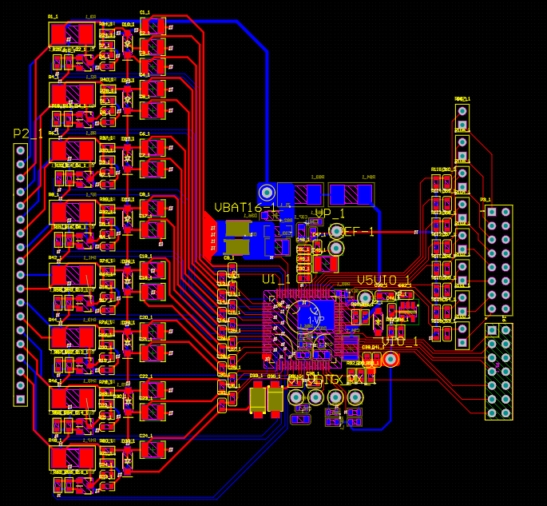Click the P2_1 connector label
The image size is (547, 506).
point(28,133)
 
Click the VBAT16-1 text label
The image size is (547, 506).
point(245,208)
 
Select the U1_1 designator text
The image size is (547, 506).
point(276,279)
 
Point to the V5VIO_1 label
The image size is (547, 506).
point(383,281)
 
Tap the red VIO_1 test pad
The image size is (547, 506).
point(390,359)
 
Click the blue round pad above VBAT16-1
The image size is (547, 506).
point(267,192)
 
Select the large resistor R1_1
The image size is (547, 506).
point(72,34)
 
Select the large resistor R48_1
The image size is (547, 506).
point(72,457)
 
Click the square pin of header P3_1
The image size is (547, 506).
point(492,212)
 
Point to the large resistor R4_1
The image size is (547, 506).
point(72,94)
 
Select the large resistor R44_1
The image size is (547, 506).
point(72,337)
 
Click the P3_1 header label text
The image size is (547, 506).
point(486,200)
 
